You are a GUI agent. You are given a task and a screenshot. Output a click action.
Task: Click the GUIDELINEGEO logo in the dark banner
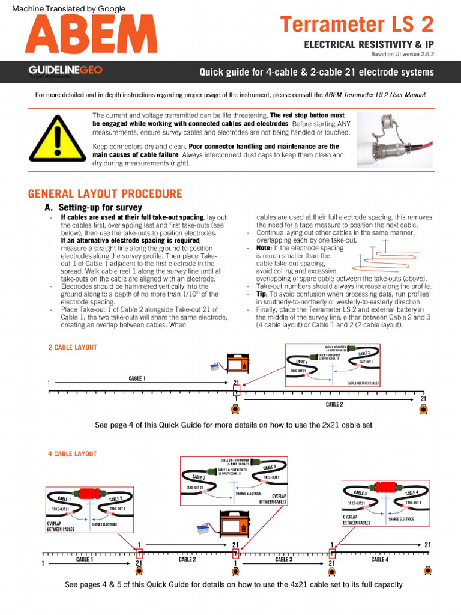pos(65,70)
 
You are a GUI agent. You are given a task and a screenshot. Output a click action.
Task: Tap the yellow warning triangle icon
pos(57,138)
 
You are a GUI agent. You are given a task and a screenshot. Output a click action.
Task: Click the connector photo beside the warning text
pos(400,138)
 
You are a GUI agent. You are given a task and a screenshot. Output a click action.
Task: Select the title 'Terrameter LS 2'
pos(357,25)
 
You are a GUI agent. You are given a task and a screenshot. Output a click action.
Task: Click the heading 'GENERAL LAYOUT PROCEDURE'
pos(105,194)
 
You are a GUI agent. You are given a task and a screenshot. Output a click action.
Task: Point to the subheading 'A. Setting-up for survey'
pos(93,208)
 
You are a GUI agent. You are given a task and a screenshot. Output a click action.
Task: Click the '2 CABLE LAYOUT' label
pos(72,348)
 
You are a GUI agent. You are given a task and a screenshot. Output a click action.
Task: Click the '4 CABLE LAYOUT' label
pos(72,454)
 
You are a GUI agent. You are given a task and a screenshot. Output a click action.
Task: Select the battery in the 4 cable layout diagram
pos(205,529)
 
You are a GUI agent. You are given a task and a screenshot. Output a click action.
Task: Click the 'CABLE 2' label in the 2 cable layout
pos(334,405)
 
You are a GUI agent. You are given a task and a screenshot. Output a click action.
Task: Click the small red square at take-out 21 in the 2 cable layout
pos(236,391)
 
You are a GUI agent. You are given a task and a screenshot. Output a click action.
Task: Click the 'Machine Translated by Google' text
pos(69,8)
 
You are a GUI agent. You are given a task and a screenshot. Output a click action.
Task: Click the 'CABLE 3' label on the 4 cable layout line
pos(283,559)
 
